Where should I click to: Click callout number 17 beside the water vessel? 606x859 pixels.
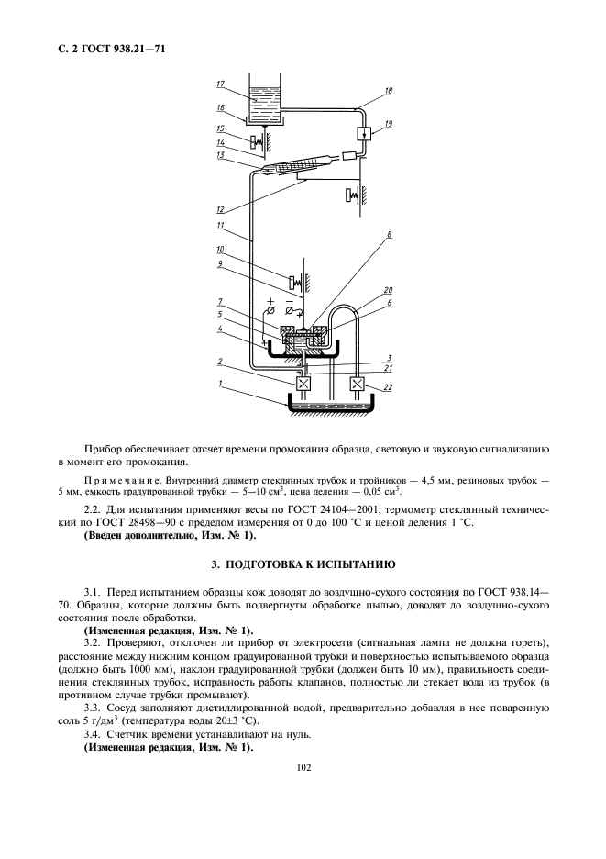[221, 84]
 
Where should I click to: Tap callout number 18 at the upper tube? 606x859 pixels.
[389, 91]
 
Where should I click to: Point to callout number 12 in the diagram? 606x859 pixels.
[220, 209]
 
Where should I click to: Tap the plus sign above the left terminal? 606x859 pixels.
[271, 301]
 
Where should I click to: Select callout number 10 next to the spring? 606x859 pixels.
[220, 249]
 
